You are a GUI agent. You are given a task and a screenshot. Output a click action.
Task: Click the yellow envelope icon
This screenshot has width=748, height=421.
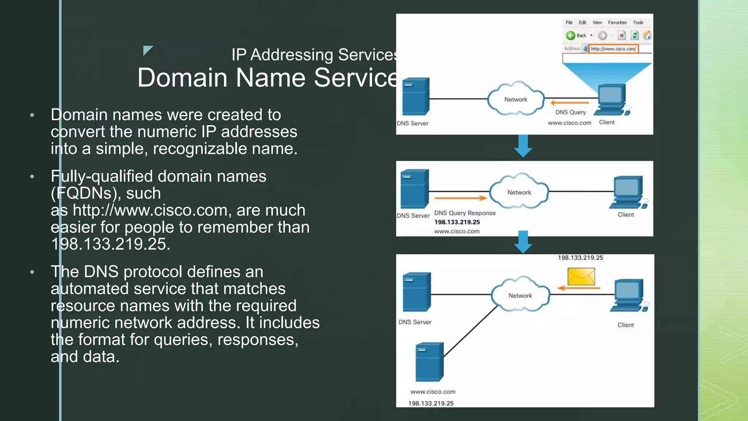(581, 276)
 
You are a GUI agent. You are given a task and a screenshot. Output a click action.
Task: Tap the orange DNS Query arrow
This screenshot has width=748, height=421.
(570, 103)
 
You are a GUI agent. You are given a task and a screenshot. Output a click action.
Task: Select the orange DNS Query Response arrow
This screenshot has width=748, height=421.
(461, 198)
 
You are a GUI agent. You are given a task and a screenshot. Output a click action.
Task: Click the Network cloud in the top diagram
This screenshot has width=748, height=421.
(516, 99)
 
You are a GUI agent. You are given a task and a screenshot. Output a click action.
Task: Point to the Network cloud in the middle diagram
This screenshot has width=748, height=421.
(519, 191)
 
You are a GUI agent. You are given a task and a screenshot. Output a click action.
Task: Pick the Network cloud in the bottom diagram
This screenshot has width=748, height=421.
(520, 295)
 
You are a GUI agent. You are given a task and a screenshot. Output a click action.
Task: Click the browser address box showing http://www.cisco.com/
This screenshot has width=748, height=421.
(613, 49)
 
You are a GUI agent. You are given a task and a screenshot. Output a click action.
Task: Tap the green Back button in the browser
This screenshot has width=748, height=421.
(570, 35)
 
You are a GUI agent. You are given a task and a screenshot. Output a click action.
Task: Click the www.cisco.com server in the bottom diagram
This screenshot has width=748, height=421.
(430, 362)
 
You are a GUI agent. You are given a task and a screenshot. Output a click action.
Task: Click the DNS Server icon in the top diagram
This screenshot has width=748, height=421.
(416, 96)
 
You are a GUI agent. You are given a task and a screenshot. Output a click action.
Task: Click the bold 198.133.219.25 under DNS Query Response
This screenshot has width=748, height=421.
(457, 222)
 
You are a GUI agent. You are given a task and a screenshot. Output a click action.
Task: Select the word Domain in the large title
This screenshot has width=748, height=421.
(183, 78)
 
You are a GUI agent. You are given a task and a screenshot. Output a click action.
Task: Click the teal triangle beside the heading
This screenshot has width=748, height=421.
(147, 50)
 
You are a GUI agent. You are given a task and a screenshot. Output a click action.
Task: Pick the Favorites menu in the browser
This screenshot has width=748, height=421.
(617, 23)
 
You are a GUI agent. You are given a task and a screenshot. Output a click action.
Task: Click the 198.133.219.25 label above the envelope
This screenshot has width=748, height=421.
(580, 258)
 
